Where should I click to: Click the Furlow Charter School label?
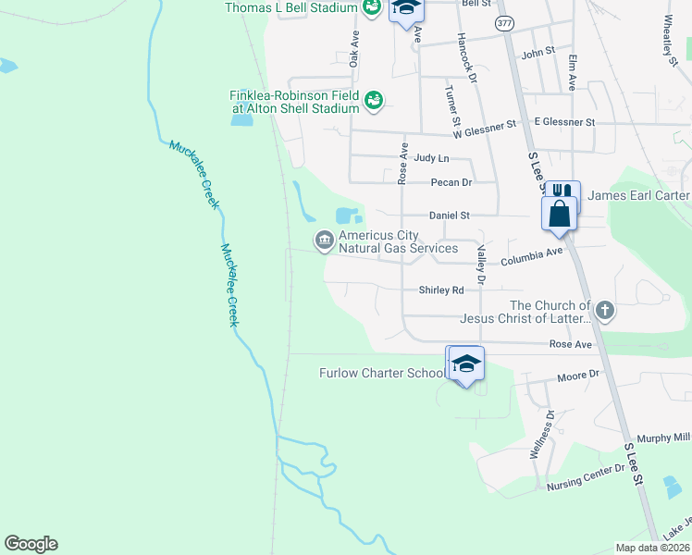coord(382,373)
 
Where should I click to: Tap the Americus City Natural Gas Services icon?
coord(324,240)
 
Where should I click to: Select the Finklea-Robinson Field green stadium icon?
coord(374,100)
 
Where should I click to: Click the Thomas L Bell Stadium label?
coord(290,7)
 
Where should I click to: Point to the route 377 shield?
coord(504,23)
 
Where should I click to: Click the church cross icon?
coord(605,310)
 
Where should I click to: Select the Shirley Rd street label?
coord(441,290)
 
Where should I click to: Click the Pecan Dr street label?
coord(451,182)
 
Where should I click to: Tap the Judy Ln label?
coord(431,159)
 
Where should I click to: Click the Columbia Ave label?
coord(531,257)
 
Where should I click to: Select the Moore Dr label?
coord(578,377)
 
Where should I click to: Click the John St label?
coord(538,53)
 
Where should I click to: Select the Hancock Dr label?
coord(466,61)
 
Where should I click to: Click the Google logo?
coord(31,544)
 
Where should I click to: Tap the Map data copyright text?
coord(652,548)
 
